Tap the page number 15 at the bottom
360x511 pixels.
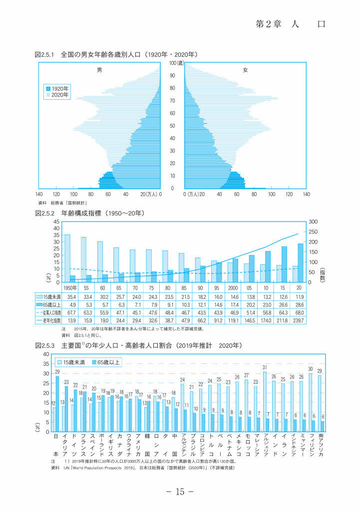click(x=180, y=492)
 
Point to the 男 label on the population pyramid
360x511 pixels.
click(x=99, y=70)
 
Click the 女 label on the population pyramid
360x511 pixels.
click(x=245, y=70)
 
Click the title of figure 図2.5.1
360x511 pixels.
click(x=116, y=53)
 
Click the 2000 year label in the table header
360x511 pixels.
click(x=233, y=288)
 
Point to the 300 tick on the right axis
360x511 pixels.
click(x=312, y=222)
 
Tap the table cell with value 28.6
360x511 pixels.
click(x=298, y=303)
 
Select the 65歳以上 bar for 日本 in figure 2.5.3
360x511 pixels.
click(x=57, y=403)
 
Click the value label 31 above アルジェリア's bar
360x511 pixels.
click(x=265, y=368)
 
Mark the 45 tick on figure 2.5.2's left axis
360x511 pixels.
click(x=56, y=222)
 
